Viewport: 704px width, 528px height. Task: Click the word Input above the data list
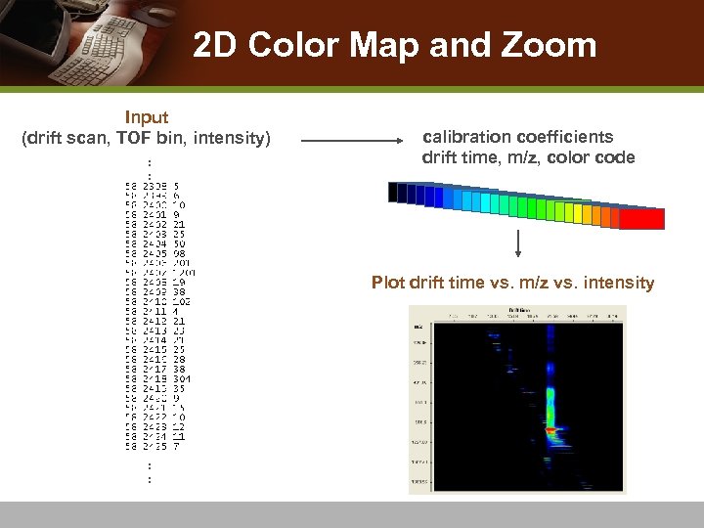(146, 117)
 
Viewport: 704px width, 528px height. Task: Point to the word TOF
(134, 138)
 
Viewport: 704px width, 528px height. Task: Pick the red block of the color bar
(642, 219)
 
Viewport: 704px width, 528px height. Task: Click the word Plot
(388, 283)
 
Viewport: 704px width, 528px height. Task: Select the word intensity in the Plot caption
(619, 283)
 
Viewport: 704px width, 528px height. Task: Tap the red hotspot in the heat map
(551, 429)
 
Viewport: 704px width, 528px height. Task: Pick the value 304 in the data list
(181, 378)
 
